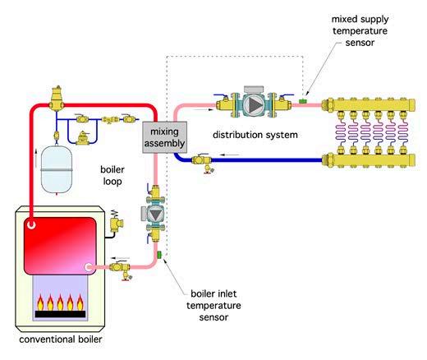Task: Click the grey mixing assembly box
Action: [x=165, y=137]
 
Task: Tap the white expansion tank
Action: [x=57, y=169]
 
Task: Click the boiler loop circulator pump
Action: [x=155, y=214]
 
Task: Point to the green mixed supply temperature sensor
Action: [x=302, y=101]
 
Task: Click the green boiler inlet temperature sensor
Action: [x=159, y=255]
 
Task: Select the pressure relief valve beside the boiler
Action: [x=116, y=222]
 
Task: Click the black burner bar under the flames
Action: [x=60, y=314]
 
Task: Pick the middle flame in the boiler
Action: [x=60, y=302]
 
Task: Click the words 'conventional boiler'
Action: [x=61, y=339]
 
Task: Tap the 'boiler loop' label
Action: [x=112, y=175]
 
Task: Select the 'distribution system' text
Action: [x=255, y=135]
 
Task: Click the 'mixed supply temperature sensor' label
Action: [x=360, y=30]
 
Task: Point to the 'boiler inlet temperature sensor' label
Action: [x=213, y=305]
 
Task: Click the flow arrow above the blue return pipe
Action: [x=230, y=155]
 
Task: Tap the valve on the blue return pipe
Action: [x=202, y=163]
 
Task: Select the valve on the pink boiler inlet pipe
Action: [x=121, y=270]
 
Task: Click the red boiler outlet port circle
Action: [x=31, y=225]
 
